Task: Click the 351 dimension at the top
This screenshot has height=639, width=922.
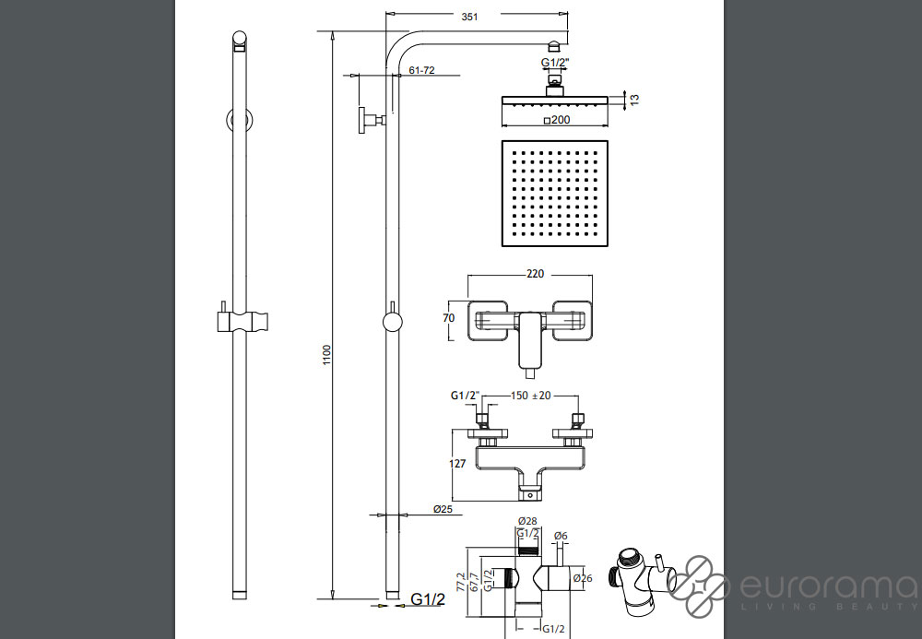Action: point(469,17)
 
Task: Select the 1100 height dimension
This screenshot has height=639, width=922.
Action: point(327,355)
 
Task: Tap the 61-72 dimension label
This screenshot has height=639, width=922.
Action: point(421,70)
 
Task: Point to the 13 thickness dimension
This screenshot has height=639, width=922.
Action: point(634,100)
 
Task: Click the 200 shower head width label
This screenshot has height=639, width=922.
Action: point(557,120)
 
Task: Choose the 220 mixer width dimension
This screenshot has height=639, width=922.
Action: point(535,273)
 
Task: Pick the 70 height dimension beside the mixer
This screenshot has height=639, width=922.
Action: point(449,318)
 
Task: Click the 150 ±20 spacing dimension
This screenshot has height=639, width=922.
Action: point(530,396)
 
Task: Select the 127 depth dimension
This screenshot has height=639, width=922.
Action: point(457,464)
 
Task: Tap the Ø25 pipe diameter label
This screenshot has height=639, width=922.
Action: point(443,509)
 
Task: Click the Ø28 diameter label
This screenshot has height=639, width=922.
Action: point(527,521)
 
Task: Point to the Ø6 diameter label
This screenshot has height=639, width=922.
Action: point(561,536)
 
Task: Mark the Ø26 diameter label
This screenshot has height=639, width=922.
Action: point(583,578)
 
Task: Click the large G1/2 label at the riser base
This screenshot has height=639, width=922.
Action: point(428,599)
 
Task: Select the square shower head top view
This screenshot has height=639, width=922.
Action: point(554,194)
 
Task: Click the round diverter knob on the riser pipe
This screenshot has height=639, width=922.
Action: point(392,322)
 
